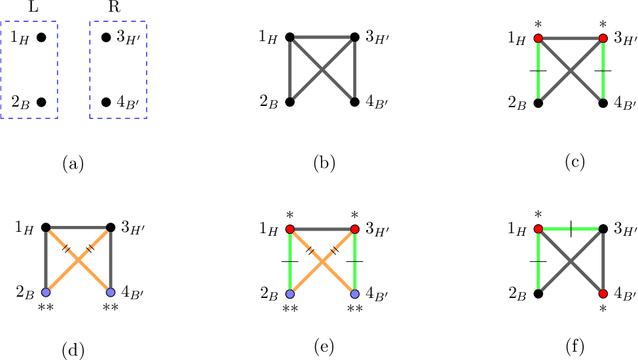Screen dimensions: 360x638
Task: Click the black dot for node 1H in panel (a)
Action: [x=41, y=39]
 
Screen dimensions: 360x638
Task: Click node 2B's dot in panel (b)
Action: [x=289, y=102]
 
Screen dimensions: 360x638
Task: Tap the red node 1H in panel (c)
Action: [x=538, y=39]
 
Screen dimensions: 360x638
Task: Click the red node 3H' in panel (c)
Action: [x=603, y=39]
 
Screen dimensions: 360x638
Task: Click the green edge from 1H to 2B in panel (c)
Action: [x=538, y=70]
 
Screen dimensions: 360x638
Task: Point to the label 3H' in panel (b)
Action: [x=377, y=39]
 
